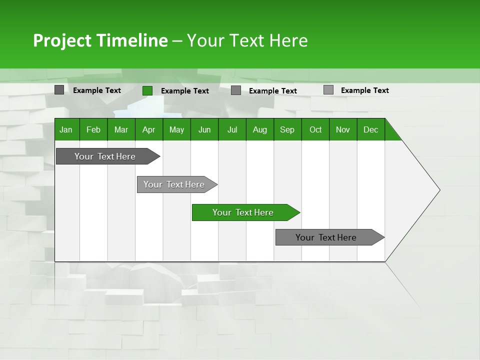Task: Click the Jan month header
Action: [66, 129]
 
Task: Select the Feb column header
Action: [93, 129]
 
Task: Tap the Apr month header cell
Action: [148, 129]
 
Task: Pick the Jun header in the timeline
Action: [204, 129]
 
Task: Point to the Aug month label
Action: [259, 129]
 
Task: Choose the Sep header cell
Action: [287, 129]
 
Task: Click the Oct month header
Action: [315, 129]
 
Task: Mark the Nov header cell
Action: [343, 129]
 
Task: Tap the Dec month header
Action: [370, 129]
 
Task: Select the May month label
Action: [176, 129]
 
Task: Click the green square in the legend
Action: [147, 90]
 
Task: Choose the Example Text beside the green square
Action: [185, 91]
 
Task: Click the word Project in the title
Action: [62, 40]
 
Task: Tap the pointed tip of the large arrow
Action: [438, 190]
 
